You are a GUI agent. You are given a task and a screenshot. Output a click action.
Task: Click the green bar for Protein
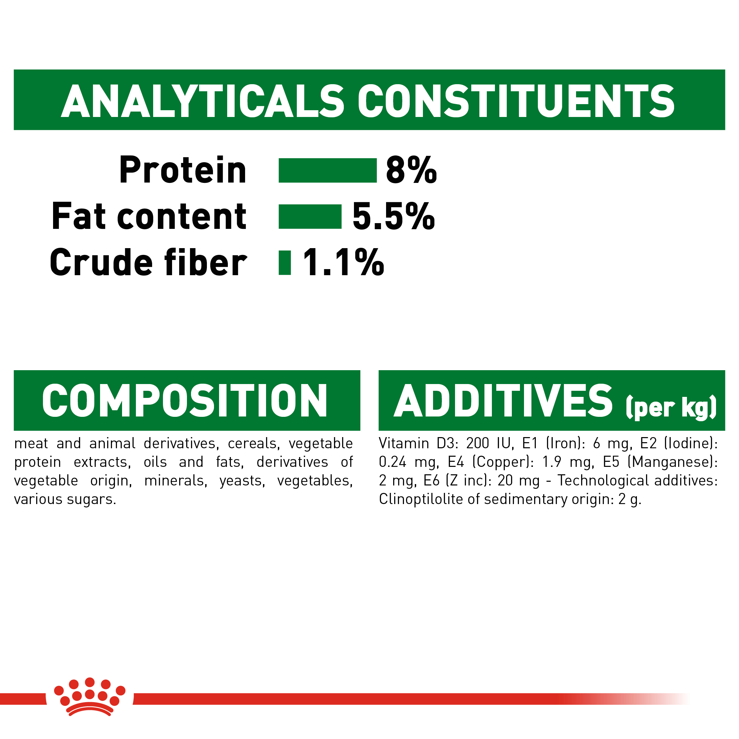tap(328, 170)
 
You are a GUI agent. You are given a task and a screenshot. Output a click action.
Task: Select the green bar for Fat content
tap(310, 216)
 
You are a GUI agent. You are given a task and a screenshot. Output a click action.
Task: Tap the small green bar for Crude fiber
tap(285, 263)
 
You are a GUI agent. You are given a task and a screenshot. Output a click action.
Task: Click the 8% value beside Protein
tap(411, 170)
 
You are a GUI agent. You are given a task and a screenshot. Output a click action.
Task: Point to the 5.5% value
tap(393, 216)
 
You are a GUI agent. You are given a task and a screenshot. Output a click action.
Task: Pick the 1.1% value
tap(343, 263)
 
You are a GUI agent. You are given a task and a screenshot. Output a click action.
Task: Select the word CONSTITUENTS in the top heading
tap(516, 101)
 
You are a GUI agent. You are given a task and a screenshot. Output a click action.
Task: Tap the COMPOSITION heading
tap(185, 401)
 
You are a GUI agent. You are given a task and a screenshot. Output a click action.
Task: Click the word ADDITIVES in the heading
tap(503, 401)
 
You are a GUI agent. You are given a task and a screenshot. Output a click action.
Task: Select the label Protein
tap(183, 170)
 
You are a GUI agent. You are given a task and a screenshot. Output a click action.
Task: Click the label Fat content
tap(149, 216)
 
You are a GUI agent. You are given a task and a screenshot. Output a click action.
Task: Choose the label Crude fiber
tap(148, 263)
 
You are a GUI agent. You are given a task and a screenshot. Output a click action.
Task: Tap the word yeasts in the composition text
tap(242, 481)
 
